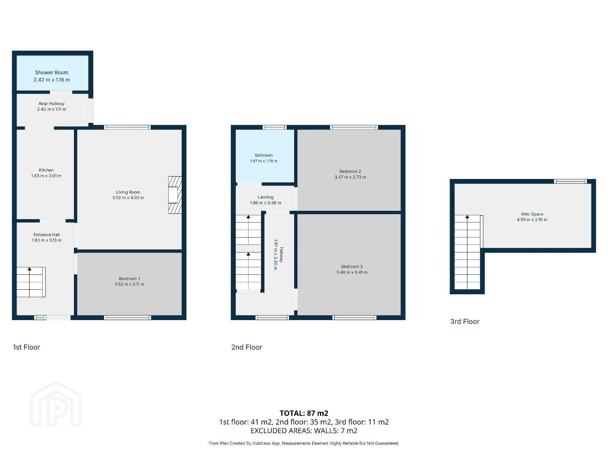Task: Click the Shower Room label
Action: pos(52,73)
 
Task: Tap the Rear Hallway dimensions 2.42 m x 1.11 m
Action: pos(52,109)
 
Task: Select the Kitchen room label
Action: pos(46,170)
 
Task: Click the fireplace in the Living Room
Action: pos(175,195)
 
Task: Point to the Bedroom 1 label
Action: pos(129,279)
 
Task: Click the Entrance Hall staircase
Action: pos(31,282)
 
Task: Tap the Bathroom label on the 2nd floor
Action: pos(264,155)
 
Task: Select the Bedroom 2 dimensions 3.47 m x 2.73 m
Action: pos(350,177)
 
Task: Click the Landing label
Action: pos(266,197)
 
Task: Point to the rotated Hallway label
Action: pos(281,255)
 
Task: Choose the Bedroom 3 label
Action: pos(352,266)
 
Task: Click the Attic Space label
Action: pos(532,214)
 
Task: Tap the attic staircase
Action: pos(468,252)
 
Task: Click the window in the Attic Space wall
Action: pos(570,181)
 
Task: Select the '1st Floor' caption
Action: pos(27,347)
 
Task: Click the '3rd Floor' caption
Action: pos(465,322)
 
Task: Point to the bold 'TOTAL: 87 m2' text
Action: pos(304,413)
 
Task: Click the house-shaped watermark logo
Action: pos(56,404)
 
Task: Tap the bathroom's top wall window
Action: pos(275,127)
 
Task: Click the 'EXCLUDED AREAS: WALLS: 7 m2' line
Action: pos(304,431)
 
